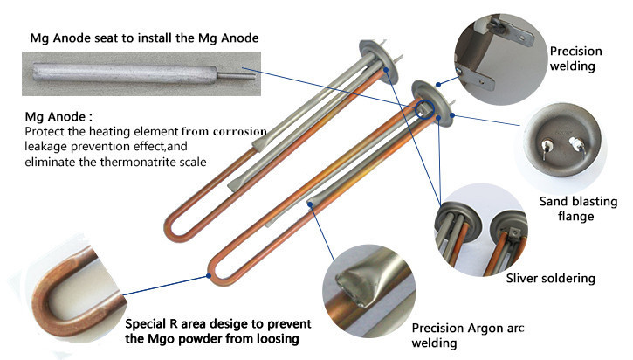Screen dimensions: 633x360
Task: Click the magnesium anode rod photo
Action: click(x=141, y=73)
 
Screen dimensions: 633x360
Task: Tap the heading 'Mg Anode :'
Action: click(x=58, y=117)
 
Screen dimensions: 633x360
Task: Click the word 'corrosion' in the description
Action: click(x=239, y=132)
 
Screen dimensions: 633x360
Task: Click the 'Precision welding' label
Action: click(x=575, y=59)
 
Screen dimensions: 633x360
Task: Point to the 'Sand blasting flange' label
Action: click(x=578, y=209)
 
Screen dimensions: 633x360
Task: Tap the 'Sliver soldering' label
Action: click(x=551, y=279)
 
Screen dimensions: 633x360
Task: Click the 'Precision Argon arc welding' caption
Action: click(x=467, y=336)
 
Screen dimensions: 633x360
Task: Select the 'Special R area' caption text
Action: click(x=218, y=331)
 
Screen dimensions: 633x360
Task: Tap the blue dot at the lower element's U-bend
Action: click(x=209, y=276)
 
